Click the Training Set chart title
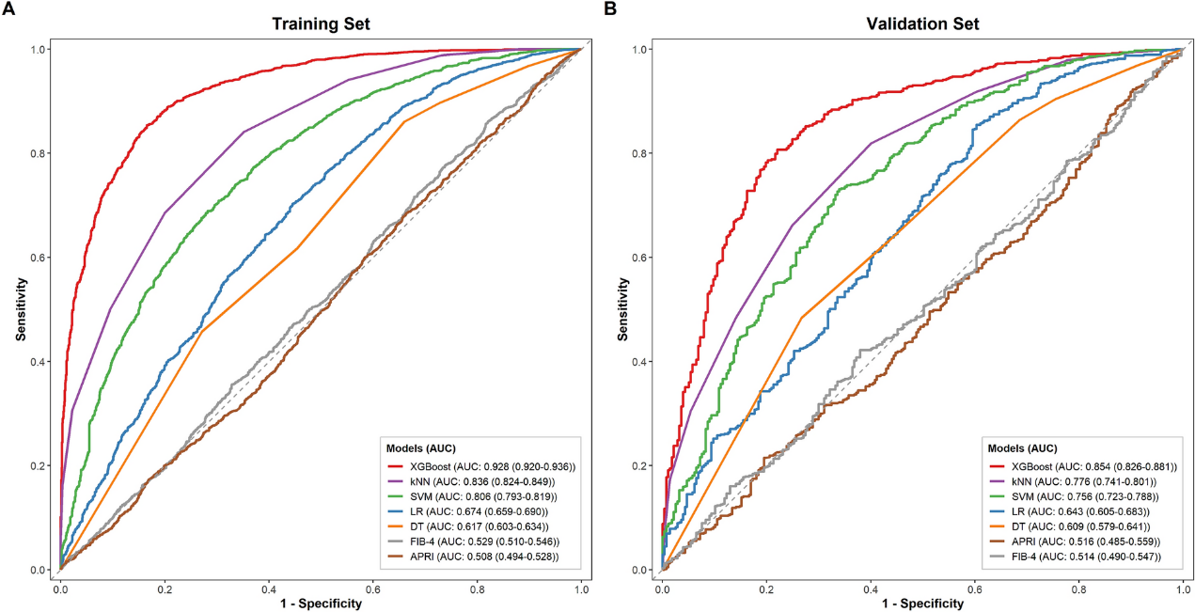[x=321, y=24]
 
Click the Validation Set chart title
[x=922, y=24]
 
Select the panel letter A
[x=8, y=8]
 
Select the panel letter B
[x=610, y=8]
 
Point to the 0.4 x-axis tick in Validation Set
[x=871, y=589]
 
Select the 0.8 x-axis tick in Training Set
[x=478, y=589]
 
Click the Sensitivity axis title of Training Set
[x=21, y=309]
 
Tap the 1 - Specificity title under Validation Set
[x=923, y=604]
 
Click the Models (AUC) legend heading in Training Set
[x=421, y=448]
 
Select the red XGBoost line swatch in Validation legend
[x=996, y=467]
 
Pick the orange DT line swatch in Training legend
[x=394, y=526]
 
